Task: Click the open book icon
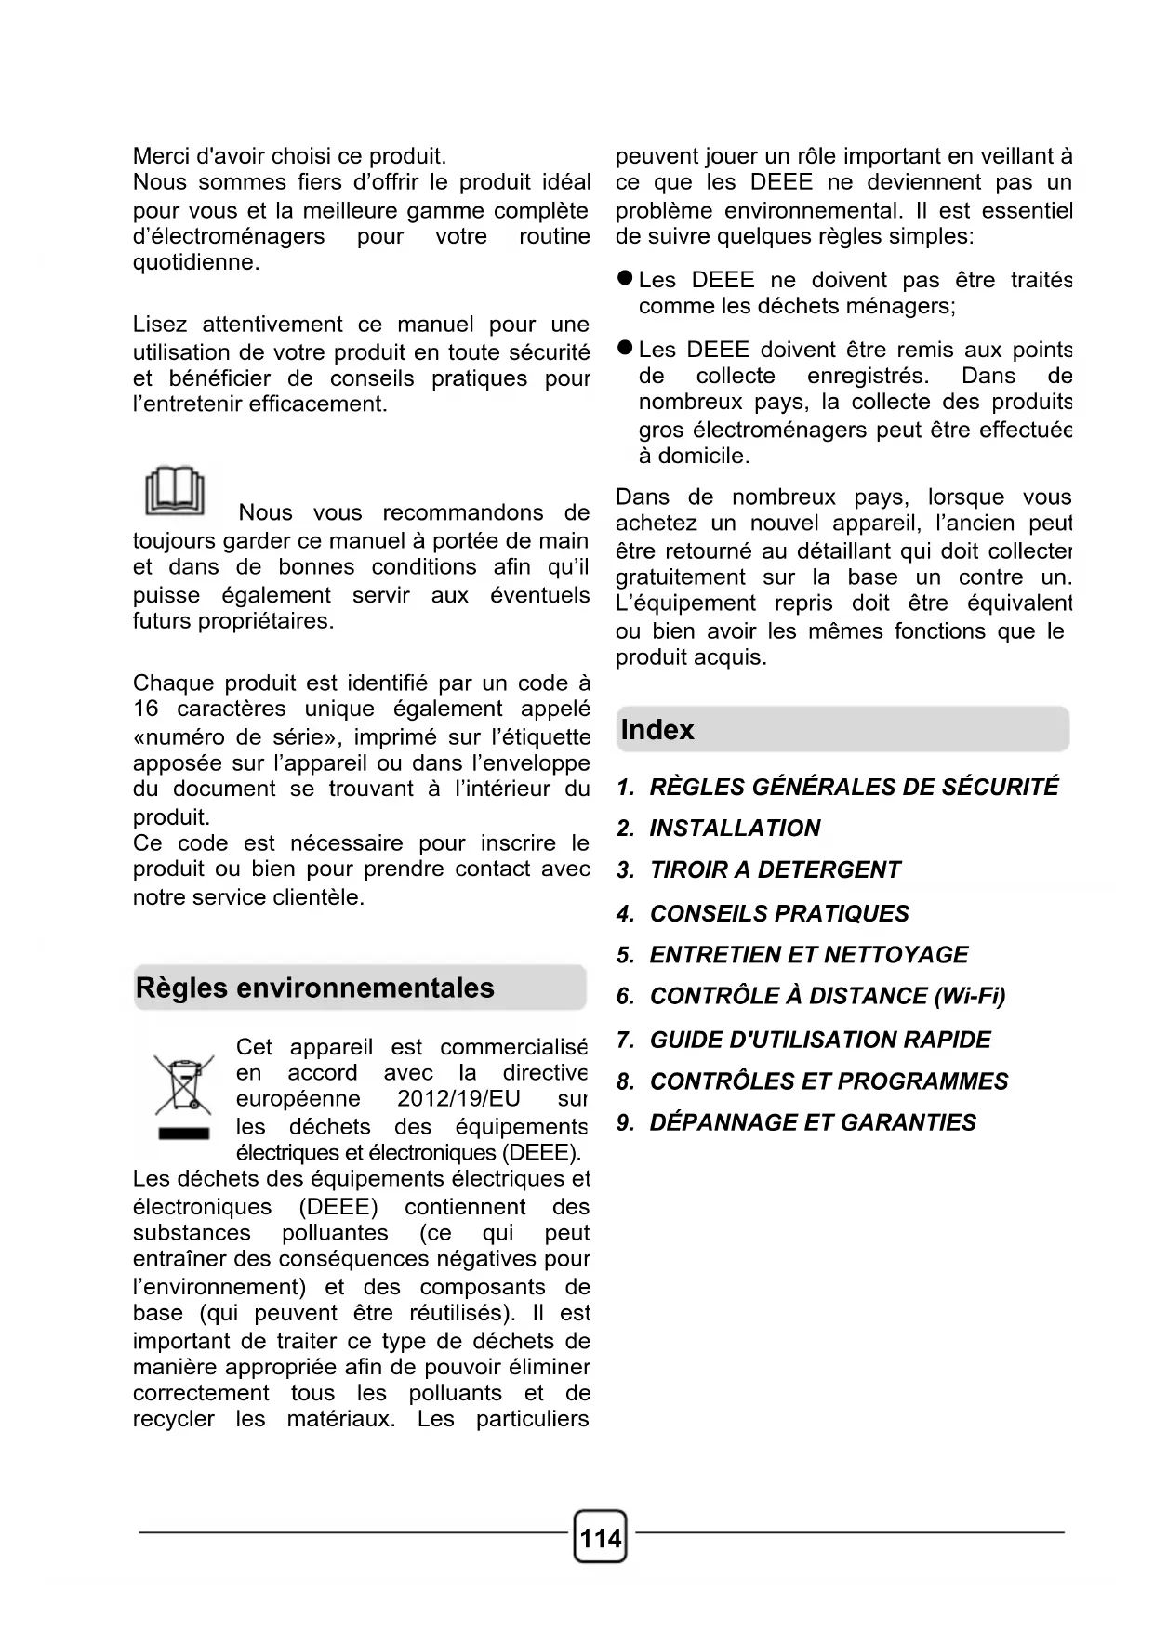tap(174, 491)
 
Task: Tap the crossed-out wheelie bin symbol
tap(183, 1084)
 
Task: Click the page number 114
tap(601, 1538)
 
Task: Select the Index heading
tap(657, 730)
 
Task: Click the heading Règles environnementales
tap(315, 988)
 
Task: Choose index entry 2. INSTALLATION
tap(719, 828)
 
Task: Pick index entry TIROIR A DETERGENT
tap(775, 870)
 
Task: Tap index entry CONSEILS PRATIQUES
tap(779, 913)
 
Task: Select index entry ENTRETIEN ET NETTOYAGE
tap(808, 955)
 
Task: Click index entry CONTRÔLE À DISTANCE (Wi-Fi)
tap(827, 997)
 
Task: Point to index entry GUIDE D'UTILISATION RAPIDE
tap(819, 1040)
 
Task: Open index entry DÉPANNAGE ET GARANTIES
tap(812, 1122)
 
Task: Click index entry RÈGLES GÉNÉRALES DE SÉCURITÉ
tap(853, 787)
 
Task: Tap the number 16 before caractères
tap(146, 709)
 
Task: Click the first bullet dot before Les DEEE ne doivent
tap(626, 279)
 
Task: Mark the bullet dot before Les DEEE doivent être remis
tap(626, 349)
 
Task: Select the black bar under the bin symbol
tap(183, 1134)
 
